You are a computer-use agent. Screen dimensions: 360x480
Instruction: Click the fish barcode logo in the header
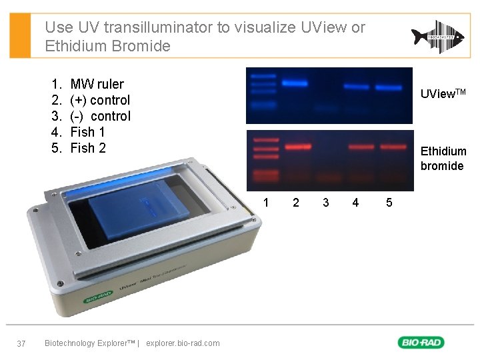[x=437, y=37]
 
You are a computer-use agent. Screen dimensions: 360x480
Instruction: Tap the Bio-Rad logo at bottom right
[x=421, y=343]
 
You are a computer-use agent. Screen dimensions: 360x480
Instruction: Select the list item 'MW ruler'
[x=97, y=84]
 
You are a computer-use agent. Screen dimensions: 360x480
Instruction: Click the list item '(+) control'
[x=100, y=100]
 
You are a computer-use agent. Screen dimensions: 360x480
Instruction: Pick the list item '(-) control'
[x=100, y=116]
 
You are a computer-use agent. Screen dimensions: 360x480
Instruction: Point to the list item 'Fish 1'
[x=87, y=132]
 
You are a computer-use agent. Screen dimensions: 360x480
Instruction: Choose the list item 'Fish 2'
[x=87, y=148]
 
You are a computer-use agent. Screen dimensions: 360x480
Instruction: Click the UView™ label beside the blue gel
[x=443, y=95]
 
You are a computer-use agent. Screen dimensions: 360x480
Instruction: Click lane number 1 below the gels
[x=267, y=202]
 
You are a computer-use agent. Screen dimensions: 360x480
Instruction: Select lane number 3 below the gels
[x=325, y=202]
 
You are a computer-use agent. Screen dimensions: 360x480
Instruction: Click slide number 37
[x=21, y=343]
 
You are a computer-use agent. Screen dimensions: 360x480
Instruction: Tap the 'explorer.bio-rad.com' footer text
[x=183, y=343]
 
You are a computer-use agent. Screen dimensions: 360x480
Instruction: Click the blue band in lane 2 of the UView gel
[x=295, y=83]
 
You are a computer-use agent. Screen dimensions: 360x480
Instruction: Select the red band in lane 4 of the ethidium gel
[x=361, y=146]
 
